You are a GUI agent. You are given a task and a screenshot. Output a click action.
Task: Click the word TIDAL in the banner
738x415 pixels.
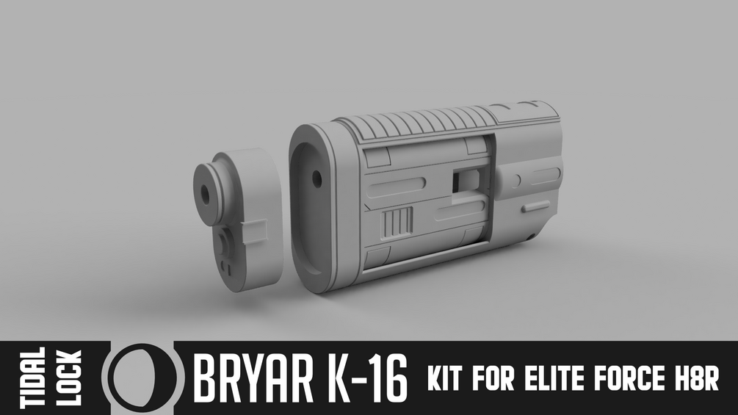(34, 378)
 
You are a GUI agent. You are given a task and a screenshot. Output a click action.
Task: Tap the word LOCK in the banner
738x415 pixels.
(69, 378)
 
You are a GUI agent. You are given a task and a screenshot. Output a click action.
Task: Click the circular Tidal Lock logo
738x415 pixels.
(140, 378)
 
